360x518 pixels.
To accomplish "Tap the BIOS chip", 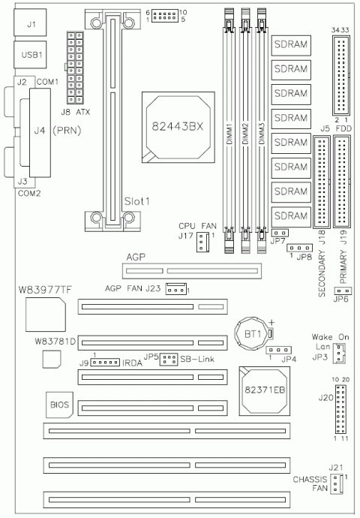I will tap(59, 406).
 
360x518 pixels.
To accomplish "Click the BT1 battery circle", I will tap(248, 332).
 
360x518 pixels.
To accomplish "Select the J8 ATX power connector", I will tap(75, 69).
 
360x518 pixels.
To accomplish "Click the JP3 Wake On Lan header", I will tap(338, 354).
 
